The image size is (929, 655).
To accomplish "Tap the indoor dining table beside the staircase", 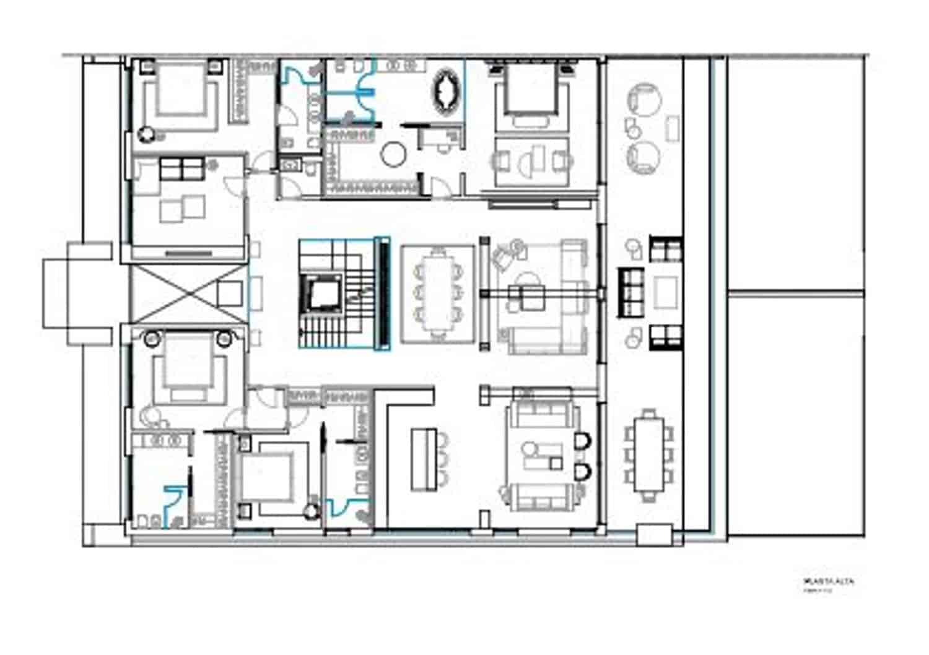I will pyautogui.click(x=438, y=293).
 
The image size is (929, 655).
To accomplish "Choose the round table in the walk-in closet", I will pyautogui.click(x=393, y=154).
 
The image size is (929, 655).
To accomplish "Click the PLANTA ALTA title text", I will pyautogui.click(x=828, y=581).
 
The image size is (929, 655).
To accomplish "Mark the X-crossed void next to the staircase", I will pyautogui.click(x=188, y=292).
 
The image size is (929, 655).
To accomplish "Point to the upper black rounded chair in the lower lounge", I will pyautogui.click(x=582, y=441).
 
